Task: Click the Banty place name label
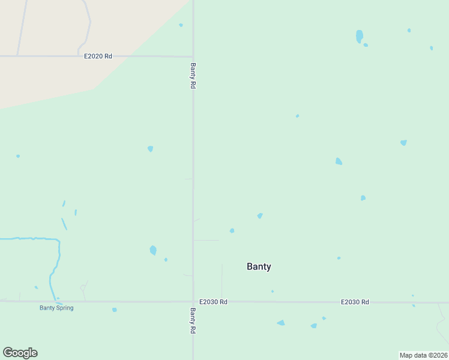click(259, 267)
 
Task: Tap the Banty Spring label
click(56, 308)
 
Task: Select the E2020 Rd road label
click(98, 56)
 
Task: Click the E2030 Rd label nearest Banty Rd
click(213, 302)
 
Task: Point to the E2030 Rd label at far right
click(355, 302)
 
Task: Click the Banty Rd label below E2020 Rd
click(193, 76)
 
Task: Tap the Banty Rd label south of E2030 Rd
click(193, 321)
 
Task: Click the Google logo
click(20, 353)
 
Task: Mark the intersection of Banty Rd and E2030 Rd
click(193, 302)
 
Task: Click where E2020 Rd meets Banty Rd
click(193, 56)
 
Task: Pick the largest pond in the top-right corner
click(359, 36)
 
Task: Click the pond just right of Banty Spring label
click(114, 310)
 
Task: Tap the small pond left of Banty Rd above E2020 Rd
click(181, 25)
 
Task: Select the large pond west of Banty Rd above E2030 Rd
click(153, 250)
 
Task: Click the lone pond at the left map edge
click(18, 156)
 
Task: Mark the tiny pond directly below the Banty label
click(272, 292)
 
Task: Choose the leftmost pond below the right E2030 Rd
click(281, 323)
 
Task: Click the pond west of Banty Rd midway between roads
click(150, 149)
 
